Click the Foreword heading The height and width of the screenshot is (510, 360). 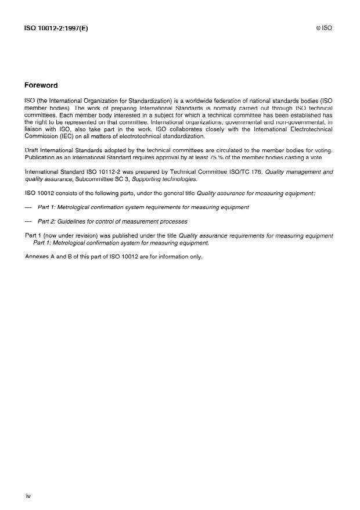point(41,85)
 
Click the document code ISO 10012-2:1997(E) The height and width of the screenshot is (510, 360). point(56,28)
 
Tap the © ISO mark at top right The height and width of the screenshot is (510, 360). point(324,28)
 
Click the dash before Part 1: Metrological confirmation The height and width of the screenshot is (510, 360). point(28,207)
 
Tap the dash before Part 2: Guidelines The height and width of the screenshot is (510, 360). point(28,221)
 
